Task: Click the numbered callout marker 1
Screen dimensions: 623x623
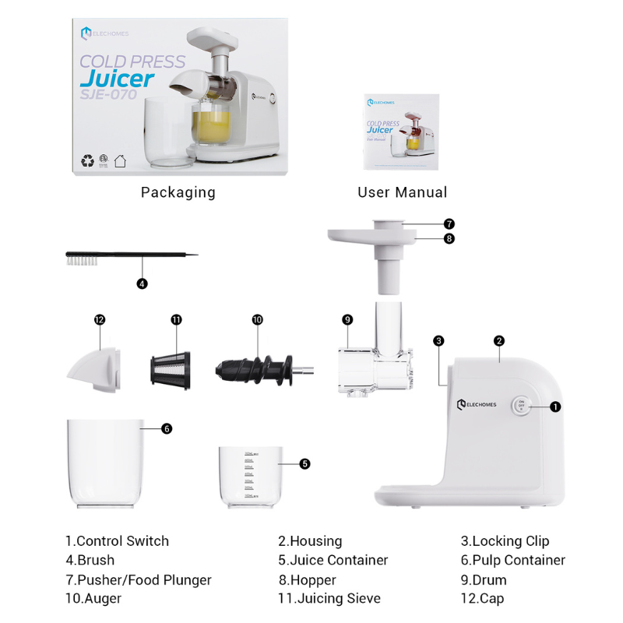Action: pyautogui.click(x=555, y=407)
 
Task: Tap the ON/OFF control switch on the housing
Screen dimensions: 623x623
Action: pyautogui.click(x=521, y=406)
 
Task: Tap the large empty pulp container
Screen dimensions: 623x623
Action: pyautogui.click(x=106, y=464)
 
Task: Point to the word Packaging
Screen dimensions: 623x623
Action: pyautogui.click(x=178, y=192)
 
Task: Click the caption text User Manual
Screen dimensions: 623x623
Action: pyautogui.click(x=402, y=192)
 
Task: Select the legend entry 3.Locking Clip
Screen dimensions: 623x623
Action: pyautogui.click(x=505, y=541)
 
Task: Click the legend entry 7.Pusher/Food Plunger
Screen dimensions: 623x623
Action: pyautogui.click(x=138, y=580)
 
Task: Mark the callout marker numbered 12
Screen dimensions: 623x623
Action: pyautogui.click(x=99, y=320)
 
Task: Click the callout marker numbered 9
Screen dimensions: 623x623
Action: pyautogui.click(x=347, y=320)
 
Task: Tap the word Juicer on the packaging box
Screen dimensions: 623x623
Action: pyautogui.click(x=117, y=79)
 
